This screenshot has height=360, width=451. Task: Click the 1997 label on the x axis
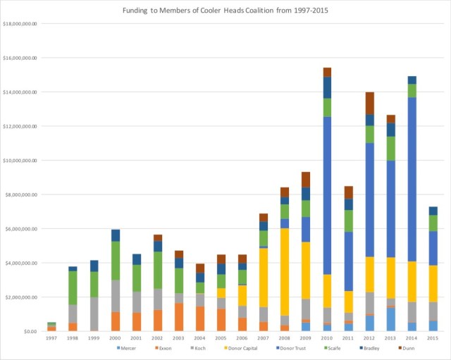pyautogui.click(x=51, y=339)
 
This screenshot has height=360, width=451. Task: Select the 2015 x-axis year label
pyautogui.click(x=433, y=339)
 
